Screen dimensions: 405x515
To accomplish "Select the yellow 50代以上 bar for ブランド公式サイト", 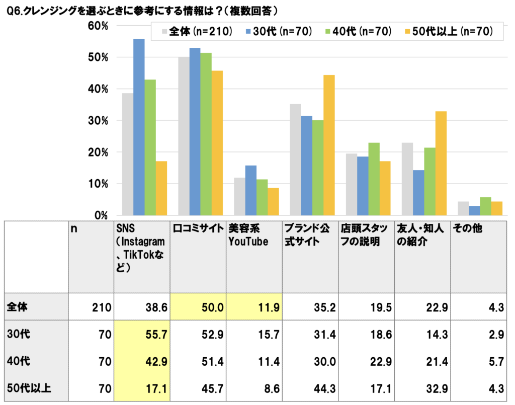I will pos(329,145).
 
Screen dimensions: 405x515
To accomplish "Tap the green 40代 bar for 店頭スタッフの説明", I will pos(374,179).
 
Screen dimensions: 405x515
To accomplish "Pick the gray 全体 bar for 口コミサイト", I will pos(184,136).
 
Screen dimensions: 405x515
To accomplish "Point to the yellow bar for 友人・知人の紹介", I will pos(441,164).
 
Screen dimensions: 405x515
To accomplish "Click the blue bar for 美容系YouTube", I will pos(250,191).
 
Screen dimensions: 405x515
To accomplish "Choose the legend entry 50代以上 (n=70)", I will pos(448,32).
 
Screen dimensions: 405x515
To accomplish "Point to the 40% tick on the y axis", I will pos(98,89).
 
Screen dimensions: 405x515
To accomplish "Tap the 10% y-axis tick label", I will pos(98,184).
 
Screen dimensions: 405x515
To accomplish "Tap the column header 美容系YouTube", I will pos(248,234).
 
